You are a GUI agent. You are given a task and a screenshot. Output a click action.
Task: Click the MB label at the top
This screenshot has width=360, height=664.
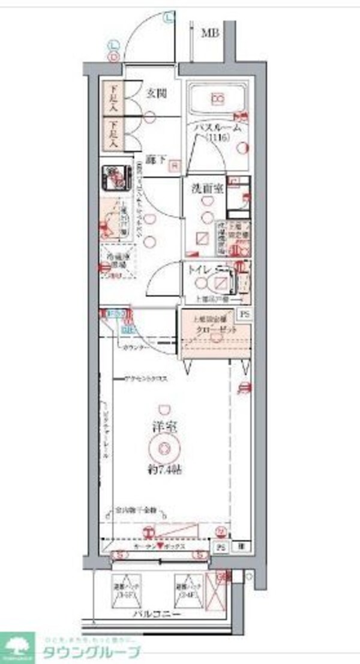(209, 33)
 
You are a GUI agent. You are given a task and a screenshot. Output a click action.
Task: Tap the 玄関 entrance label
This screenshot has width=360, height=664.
(156, 93)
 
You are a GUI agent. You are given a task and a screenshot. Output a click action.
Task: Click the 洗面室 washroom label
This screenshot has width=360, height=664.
(208, 189)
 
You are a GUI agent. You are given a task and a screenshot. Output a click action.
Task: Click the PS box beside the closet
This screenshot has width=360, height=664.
(243, 314)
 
